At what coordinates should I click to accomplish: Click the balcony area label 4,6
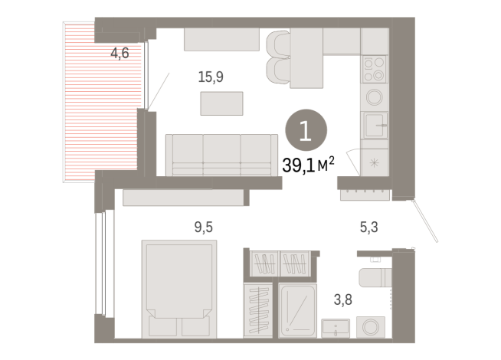(120, 54)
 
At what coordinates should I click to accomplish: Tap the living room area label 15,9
(211, 77)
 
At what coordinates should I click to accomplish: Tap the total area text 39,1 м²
(309, 163)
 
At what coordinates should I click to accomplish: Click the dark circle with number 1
(305, 132)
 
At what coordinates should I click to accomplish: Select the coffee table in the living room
(221, 103)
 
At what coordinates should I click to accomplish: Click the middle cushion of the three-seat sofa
(221, 153)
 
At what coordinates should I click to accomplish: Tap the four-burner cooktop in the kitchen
(375, 69)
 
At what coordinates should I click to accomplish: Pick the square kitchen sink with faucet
(375, 125)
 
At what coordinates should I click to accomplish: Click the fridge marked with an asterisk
(375, 162)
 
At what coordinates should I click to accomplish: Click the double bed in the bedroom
(178, 283)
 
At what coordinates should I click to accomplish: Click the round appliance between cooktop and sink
(375, 97)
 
